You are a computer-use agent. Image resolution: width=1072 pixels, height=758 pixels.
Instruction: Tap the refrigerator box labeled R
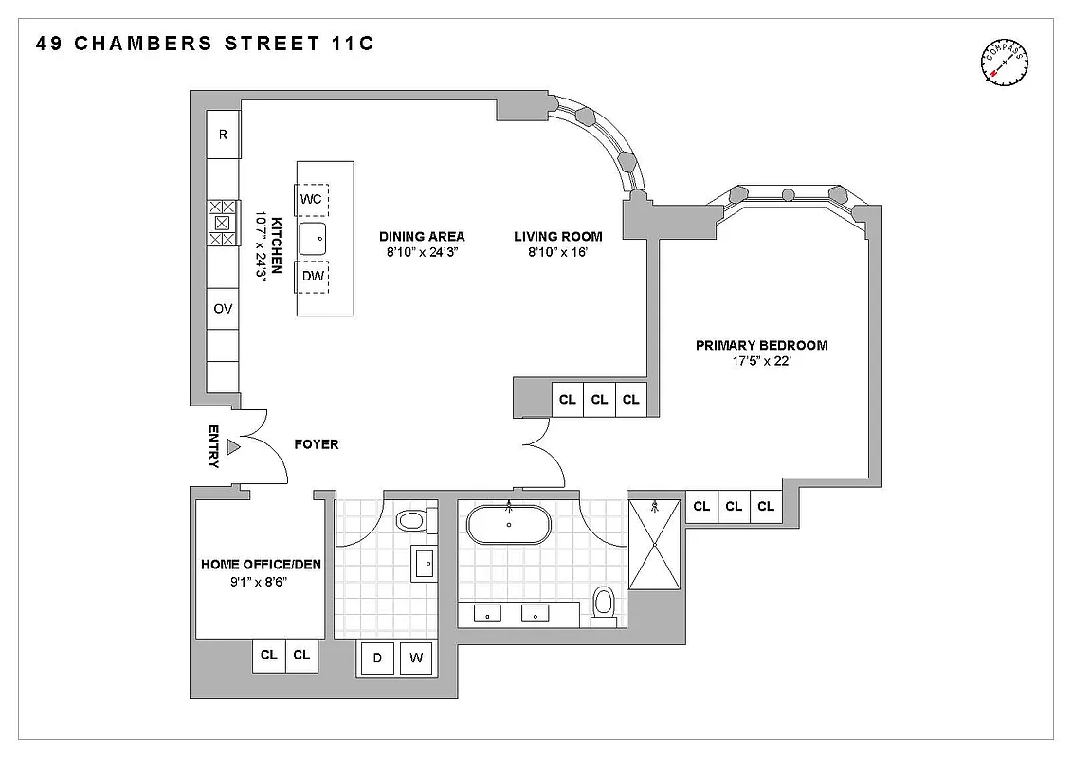coord(224,135)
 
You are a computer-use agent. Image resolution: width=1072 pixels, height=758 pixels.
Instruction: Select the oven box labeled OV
coord(224,309)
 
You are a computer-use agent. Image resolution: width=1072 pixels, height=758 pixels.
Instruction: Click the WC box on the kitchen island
coord(312,199)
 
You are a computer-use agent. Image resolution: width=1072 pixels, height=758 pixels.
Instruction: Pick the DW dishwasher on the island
coord(312,277)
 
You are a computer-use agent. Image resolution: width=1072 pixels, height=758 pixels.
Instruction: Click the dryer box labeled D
coord(377,659)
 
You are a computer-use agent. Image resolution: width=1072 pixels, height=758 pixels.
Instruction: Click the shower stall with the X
coord(655,545)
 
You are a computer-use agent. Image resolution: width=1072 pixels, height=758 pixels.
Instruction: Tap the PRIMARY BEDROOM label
coord(761,345)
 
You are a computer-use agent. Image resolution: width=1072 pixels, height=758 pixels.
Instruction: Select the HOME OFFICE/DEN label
coord(261,565)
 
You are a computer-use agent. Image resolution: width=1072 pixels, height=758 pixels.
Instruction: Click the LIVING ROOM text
coord(558,236)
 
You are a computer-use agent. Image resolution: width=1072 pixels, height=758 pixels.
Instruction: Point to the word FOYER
coord(316,444)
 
